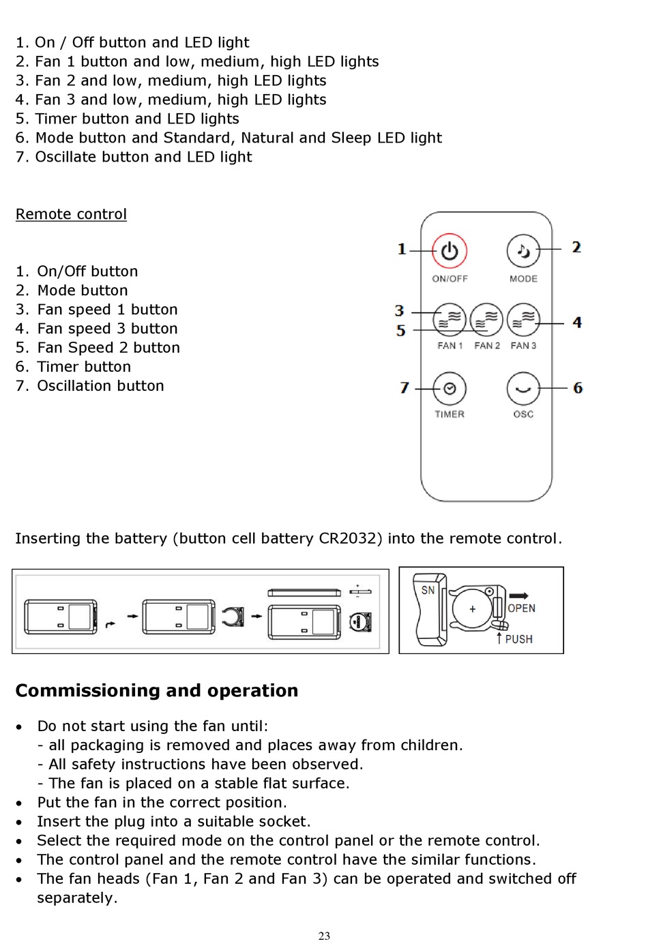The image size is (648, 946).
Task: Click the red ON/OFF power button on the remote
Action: [x=449, y=251]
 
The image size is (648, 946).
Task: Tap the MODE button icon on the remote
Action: [x=523, y=251]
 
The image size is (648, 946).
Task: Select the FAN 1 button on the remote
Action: [x=450, y=320]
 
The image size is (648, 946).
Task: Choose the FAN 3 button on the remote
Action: [x=523, y=320]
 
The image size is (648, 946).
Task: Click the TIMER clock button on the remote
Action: [x=450, y=389]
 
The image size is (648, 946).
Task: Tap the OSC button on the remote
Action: [x=523, y=389]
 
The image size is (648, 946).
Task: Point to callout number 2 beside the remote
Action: [x=576, y=247]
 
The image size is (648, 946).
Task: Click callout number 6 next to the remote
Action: [x=578, y=388]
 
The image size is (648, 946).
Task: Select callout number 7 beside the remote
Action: [x=404, y=388]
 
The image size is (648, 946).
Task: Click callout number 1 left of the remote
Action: [x=402, y=249]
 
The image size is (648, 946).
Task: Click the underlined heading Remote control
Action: [x=71, y=214]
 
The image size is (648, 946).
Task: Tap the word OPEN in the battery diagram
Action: [x=521, y=608]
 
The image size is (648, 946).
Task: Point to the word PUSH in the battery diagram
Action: [x=518, y=639]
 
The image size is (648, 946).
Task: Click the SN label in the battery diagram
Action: [x=428, y=590]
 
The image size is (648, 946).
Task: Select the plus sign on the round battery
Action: [x=472, y=609]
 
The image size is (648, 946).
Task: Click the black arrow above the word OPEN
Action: [x=519, y=595]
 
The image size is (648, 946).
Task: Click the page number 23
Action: [x=324, y=936]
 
